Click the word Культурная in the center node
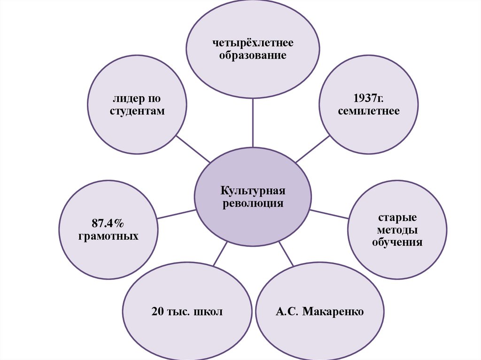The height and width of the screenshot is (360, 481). click(x=253, y=191)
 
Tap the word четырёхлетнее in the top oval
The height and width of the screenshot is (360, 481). click(x=253, y=43)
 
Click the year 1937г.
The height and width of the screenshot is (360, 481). click(x=368, y=99)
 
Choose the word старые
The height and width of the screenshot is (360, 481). click(x=397, y=219)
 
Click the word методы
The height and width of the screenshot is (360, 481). click(x=397, y=230)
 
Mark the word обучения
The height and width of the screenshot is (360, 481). click(x=397, y=243)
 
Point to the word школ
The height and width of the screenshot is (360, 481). click(x=207, y=312)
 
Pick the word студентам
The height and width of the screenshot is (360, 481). click(x=137, y=111)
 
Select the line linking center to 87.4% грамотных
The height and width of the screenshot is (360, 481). click(x=176, y=214)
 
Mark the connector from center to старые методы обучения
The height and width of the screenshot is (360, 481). click(x=329, y=214)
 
